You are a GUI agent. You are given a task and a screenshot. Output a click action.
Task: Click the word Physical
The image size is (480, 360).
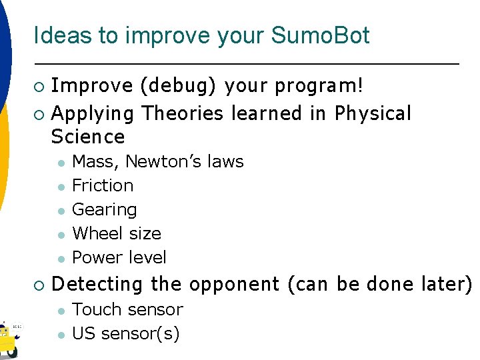(373, 113)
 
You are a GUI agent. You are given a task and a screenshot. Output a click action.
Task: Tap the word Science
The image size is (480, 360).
(88, 137)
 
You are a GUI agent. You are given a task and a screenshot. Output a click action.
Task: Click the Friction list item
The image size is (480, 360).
(103, 185)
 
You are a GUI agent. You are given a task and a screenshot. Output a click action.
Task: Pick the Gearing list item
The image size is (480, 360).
(104, 209)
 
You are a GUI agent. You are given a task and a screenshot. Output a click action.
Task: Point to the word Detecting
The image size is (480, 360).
(97, 285)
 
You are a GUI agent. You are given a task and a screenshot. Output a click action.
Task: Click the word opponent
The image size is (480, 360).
(233, 285)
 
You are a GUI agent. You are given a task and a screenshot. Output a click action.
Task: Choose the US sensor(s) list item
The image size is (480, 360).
(125, 333)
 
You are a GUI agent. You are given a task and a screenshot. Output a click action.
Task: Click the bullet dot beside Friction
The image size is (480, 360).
(59, 186)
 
